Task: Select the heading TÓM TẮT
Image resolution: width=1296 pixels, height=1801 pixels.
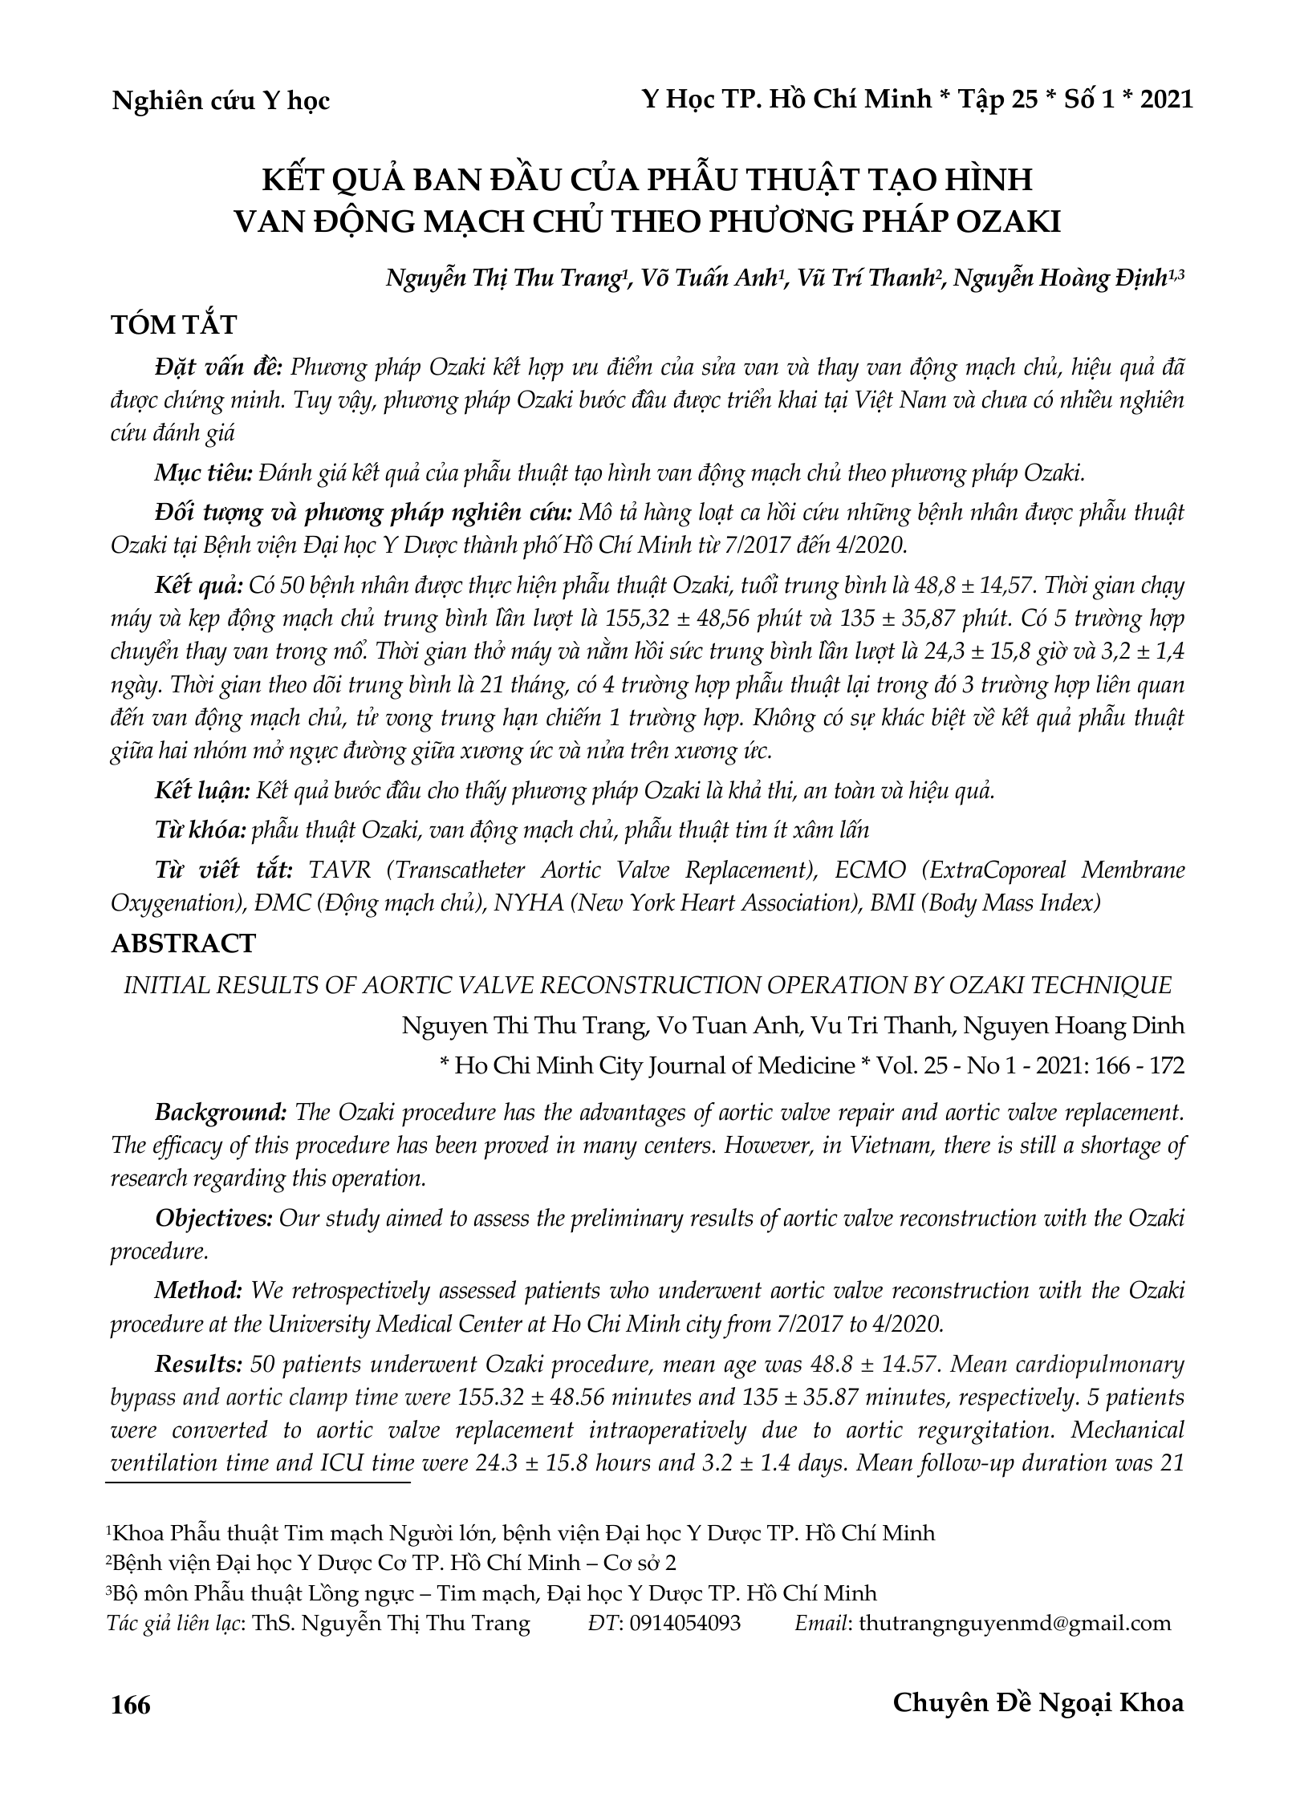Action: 173,325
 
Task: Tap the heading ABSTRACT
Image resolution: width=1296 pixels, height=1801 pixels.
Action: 183,943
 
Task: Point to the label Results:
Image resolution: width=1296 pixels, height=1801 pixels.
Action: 198,1363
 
